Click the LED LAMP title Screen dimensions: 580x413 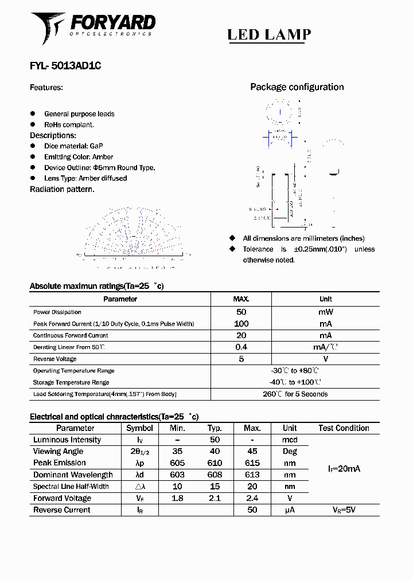tap(269, 35)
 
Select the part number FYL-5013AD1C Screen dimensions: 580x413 tap(65, 66)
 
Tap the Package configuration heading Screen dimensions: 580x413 tap(297, 87)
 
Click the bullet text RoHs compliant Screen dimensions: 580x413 tap(69, 124)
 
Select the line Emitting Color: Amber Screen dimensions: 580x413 tap(79, 157)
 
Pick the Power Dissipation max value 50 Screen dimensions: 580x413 tap(241, 312)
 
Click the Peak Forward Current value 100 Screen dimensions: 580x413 tap(241, 324)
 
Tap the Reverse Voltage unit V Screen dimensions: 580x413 tap(325, 359)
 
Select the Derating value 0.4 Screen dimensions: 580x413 tap(241, 347)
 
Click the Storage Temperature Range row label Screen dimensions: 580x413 tap(71, 382)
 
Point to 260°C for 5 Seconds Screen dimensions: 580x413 tap(295, 394)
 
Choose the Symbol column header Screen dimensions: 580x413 tap(139, 428)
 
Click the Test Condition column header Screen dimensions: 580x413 tap(344, 428)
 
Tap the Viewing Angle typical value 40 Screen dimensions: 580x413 tap(215, 452)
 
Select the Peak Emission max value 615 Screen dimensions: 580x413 tap(252, 463)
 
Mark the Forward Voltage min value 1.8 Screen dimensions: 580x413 tap(177, 498)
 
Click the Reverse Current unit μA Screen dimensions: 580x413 tap(289, 510)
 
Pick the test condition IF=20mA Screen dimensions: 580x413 tap(344, 469)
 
